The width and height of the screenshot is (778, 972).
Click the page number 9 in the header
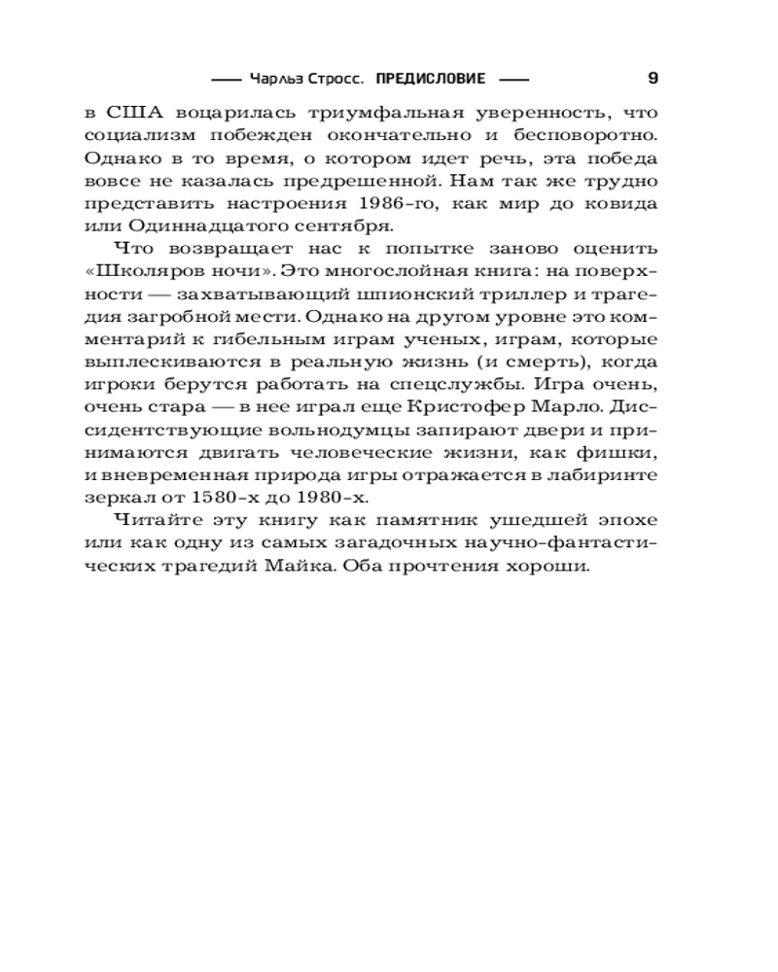653,78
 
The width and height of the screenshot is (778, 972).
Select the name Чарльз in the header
275,79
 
